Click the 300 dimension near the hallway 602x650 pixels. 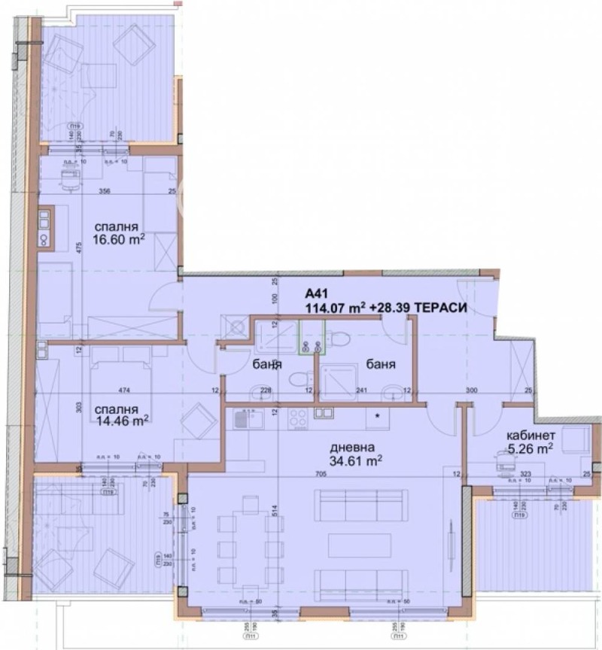point(472,390)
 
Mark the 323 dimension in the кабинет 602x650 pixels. point(527,475)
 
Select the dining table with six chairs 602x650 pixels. point(243,545)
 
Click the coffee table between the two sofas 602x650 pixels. point(360,545)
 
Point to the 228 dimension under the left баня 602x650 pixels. point(266,390)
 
